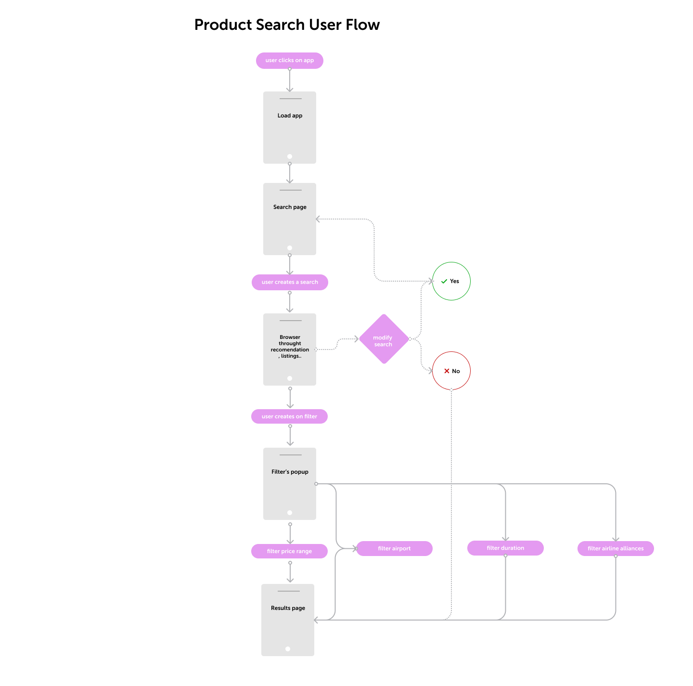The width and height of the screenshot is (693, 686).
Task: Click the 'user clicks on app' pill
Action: [289, 61]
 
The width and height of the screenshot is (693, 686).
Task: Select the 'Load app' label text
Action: [290, 116]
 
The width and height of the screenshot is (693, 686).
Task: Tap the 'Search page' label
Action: [290, 207]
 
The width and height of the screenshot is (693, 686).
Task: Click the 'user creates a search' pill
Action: [290, 282]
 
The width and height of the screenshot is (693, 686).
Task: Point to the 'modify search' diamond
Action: [384, 339]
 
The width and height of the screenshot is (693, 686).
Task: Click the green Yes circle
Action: [451, 281]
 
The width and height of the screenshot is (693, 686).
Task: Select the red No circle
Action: [451, 371]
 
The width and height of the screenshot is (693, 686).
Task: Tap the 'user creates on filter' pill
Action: [289, 416]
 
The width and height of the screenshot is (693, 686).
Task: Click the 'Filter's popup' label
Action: [290, 472]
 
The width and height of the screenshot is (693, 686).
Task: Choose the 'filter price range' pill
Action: [289, 551]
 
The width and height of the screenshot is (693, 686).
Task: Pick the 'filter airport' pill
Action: [394, 548]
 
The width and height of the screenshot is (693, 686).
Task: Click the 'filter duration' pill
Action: [505, 548]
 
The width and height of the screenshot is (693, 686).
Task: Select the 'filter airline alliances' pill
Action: [616, 548]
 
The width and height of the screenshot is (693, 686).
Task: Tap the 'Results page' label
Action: [288, 608]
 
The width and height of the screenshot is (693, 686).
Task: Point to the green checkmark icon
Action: [444, 281]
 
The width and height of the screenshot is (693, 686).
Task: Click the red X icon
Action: [447, 371]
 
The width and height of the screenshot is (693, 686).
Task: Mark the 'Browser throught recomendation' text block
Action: [290, 347]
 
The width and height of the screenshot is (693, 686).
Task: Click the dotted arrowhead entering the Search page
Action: [318, 219]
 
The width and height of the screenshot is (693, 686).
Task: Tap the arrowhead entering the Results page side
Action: [316, 620]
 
